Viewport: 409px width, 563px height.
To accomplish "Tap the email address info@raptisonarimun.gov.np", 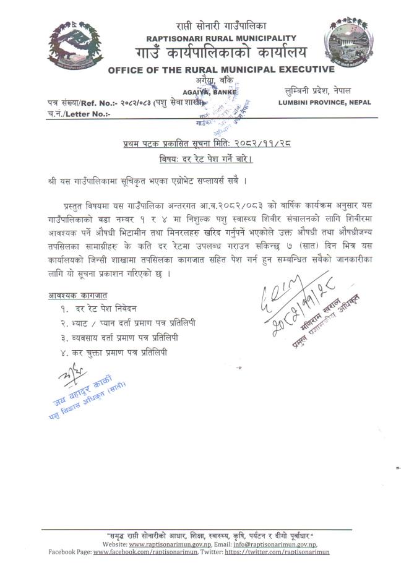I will (285, 543).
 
